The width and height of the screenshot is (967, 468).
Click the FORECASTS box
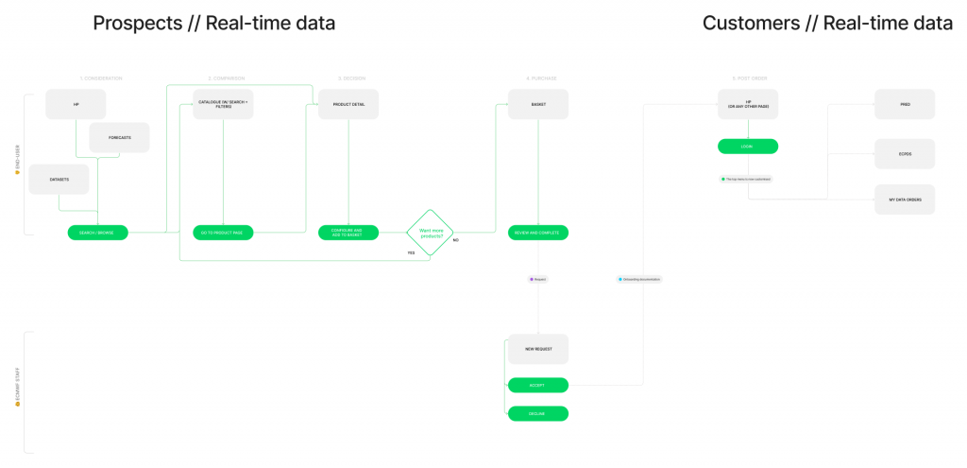click(119, 137)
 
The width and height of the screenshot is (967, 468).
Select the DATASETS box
click(59, 179)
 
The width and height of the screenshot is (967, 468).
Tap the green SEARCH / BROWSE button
click(97, 232)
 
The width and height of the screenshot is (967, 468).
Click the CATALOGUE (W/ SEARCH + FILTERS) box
click(223, 104)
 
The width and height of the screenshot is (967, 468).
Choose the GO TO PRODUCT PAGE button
click(223, 232)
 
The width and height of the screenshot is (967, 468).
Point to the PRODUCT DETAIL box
click(348, 104)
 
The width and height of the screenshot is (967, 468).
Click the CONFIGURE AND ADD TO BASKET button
click(348, 232)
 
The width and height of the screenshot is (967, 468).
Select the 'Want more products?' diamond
click(431, 232)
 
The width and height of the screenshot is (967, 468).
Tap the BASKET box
click(538, 104)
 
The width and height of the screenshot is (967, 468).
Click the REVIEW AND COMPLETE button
click(538, 232)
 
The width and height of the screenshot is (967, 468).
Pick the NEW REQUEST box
click(538, 349)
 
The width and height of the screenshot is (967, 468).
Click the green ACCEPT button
click(538, 385)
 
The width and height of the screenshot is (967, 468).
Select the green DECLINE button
click(538, 413)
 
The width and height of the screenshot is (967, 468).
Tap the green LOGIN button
click(748, 147)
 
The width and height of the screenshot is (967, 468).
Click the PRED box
click(905, 104)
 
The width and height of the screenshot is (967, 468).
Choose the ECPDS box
click(905, 153)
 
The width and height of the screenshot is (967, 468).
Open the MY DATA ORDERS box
click(905, 199)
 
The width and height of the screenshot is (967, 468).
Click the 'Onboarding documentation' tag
click(639, 279)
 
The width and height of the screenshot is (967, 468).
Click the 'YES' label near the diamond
click(411, 252)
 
